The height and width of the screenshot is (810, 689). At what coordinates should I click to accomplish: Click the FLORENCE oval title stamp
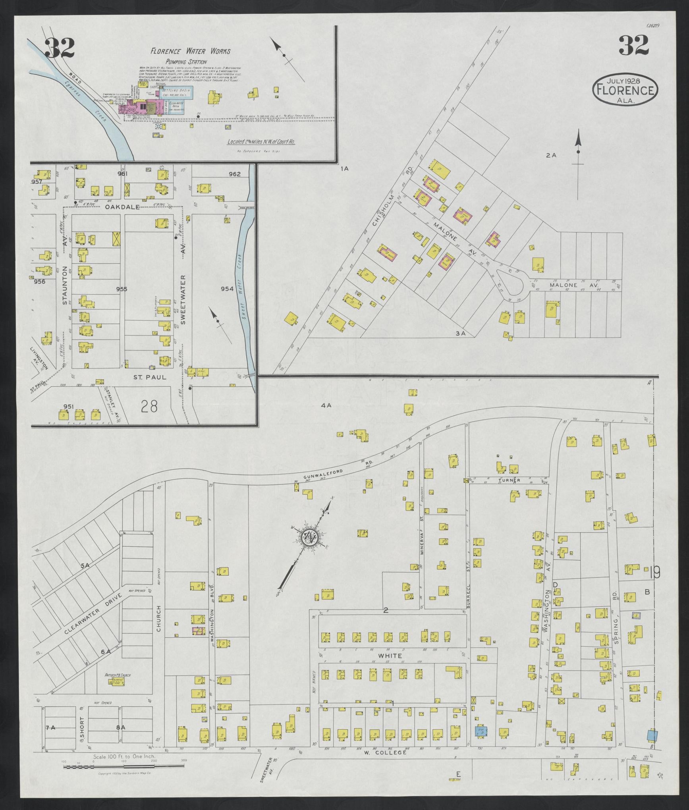coord(625,91)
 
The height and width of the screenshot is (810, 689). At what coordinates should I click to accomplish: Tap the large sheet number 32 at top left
coord(60,48)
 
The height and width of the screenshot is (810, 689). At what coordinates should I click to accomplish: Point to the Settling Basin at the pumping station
coord(178,93)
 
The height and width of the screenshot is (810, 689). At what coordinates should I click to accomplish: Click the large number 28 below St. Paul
coord(149,406)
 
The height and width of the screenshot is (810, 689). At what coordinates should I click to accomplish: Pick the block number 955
coord(122,289)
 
